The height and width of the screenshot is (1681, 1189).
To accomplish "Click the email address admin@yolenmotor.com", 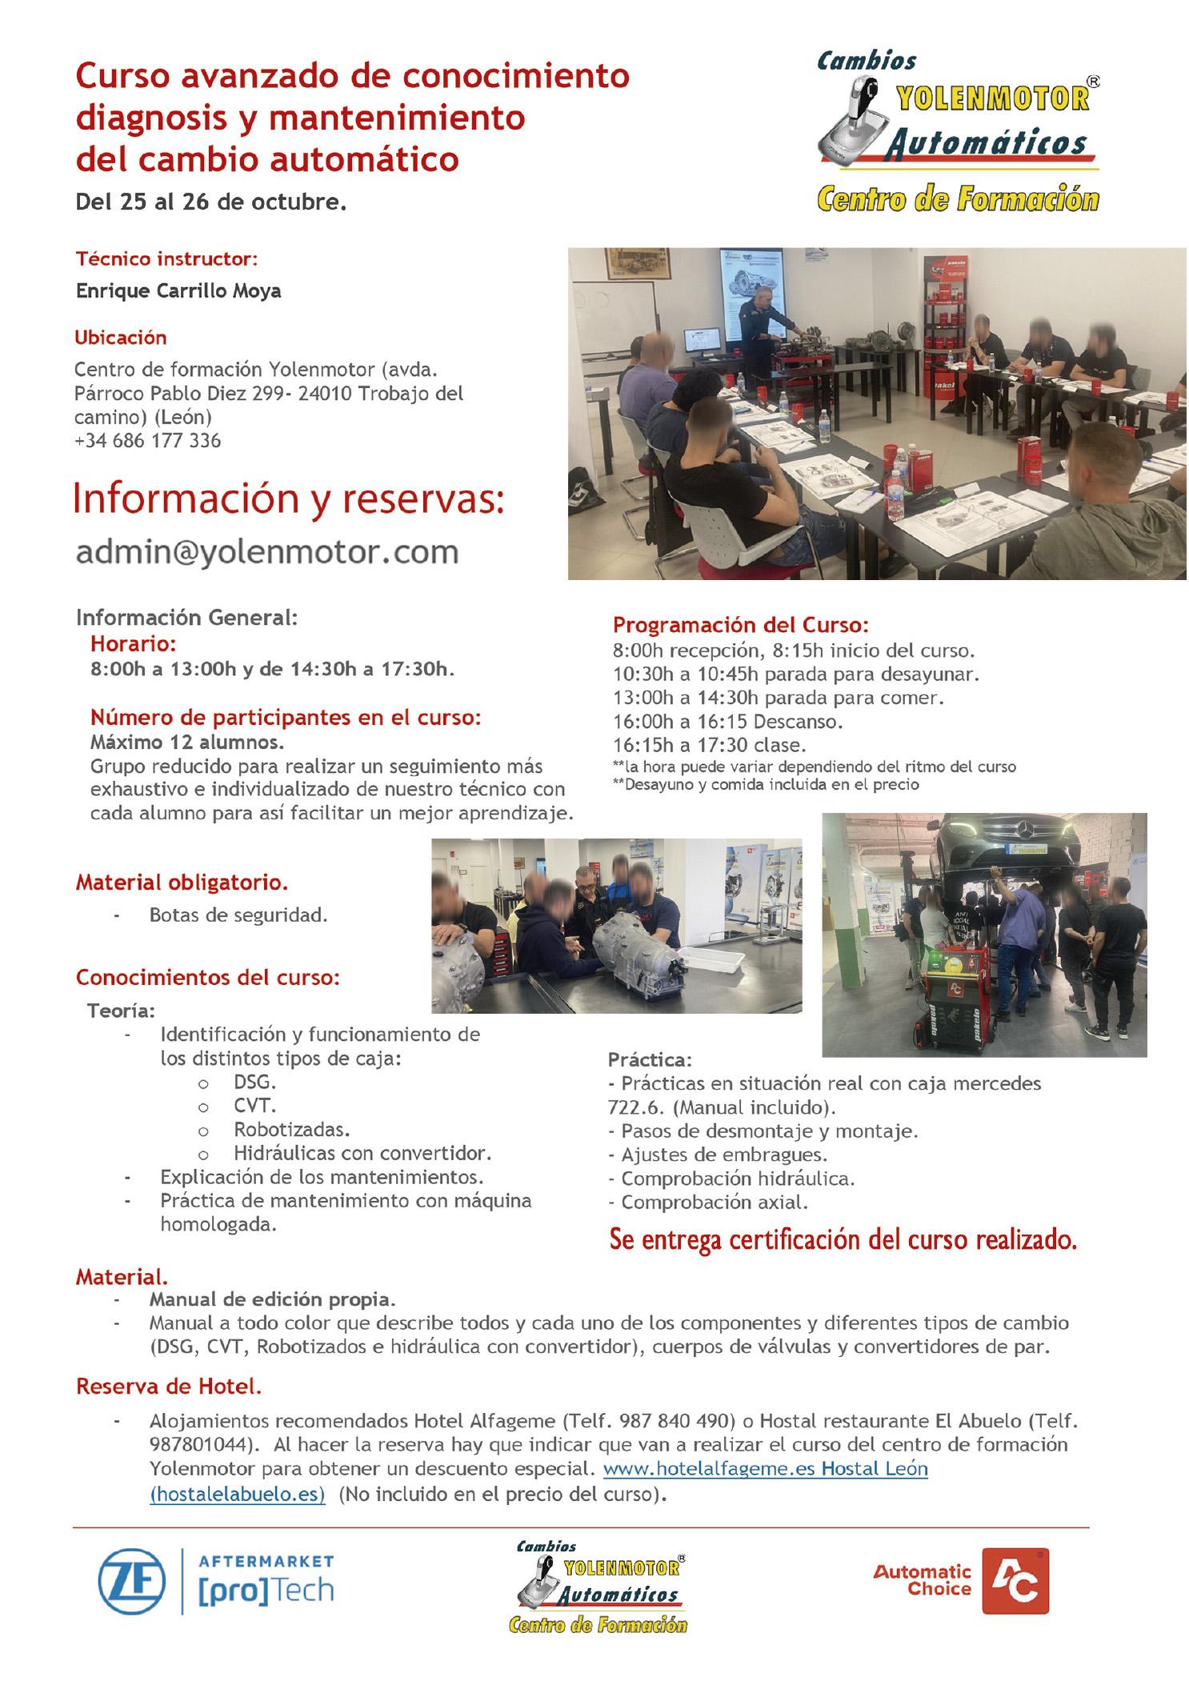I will pos(266,552).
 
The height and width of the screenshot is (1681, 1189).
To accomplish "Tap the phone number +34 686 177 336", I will pos(147,440).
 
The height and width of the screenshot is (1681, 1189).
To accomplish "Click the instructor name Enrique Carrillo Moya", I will pos(178,290).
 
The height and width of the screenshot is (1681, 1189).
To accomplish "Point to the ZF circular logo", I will pos(132,1582).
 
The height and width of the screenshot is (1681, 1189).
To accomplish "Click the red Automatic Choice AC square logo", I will pos(1015,1580).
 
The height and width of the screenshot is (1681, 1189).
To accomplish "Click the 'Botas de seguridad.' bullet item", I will pos(238,915).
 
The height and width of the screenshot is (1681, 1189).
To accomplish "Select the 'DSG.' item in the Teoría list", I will pos(254,1083).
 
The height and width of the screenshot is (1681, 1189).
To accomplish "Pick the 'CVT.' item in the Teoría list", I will pos(254,1106).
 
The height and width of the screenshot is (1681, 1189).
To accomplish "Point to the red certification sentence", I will pos(843,1239).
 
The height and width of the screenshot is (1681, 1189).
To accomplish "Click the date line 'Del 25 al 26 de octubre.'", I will pos(211,202).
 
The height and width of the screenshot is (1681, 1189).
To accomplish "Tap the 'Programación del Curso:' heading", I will pos(741,625).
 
